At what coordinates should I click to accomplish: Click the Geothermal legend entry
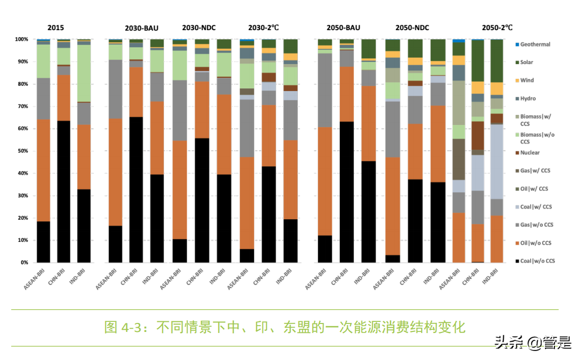(x=535, y=44)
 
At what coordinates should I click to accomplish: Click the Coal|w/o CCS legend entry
(x=537, y=261)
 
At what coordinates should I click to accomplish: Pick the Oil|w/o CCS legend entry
(x=535, y=243)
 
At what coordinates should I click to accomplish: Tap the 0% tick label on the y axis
(x=24, y=263)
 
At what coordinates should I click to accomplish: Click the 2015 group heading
(x=56, y=28)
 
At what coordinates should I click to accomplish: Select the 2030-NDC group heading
(x=198, y=28)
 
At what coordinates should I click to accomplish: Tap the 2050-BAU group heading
(x=343, y=28)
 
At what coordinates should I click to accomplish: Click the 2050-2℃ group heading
(x=497, y=28)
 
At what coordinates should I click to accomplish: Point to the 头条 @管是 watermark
(x=533, y=343)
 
